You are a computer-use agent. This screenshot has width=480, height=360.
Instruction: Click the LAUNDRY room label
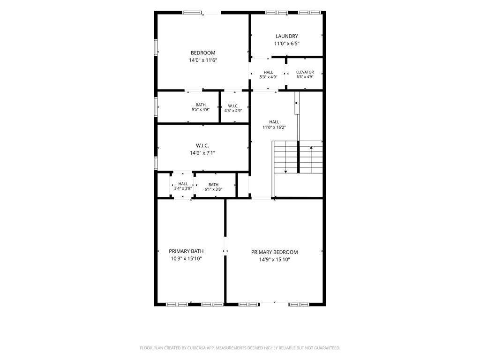286,36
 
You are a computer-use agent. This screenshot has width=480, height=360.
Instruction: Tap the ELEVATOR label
305,72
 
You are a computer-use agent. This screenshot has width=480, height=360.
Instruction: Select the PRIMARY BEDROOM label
274,252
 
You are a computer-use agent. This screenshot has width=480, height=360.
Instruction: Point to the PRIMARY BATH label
186,251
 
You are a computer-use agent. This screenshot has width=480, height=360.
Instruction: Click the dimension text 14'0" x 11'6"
203,60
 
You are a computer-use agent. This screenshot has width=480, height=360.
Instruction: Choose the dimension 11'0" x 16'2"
274,127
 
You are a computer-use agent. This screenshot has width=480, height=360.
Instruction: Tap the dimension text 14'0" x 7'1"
202,153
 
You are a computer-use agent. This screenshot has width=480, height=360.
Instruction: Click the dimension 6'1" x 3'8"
213,189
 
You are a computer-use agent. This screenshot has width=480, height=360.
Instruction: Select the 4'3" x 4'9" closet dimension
233,111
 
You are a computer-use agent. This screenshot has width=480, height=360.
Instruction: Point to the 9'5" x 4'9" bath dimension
201,109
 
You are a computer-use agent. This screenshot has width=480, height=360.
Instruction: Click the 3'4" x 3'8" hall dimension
183,188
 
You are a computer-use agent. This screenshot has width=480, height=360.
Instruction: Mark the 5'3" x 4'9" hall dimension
268,77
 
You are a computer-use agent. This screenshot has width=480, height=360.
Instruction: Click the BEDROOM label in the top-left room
203,53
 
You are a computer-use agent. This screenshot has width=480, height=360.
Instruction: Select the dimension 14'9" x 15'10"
274,260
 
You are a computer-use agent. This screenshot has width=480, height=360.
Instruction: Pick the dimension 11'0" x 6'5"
286,44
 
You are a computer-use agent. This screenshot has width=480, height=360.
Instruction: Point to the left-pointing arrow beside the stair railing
297,103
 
